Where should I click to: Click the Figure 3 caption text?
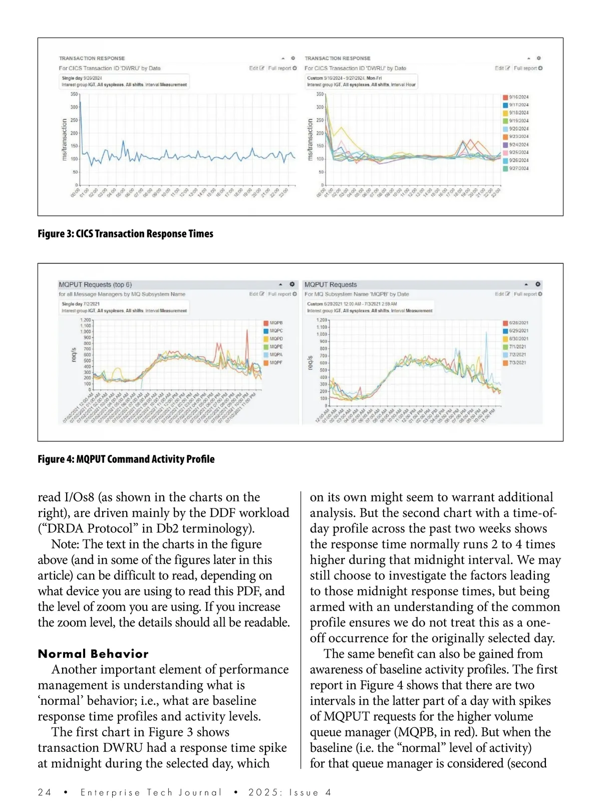125,234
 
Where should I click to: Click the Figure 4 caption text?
126,459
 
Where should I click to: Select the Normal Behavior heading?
93,654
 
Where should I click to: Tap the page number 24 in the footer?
45,792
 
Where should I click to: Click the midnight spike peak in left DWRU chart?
80,103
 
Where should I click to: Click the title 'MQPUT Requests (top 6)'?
95,285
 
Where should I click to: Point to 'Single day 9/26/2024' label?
82,78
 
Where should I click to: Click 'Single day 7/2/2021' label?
81,304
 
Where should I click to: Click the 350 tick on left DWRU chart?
74,94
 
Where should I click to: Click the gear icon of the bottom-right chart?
538,285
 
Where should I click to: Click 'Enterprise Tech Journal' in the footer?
151,792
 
